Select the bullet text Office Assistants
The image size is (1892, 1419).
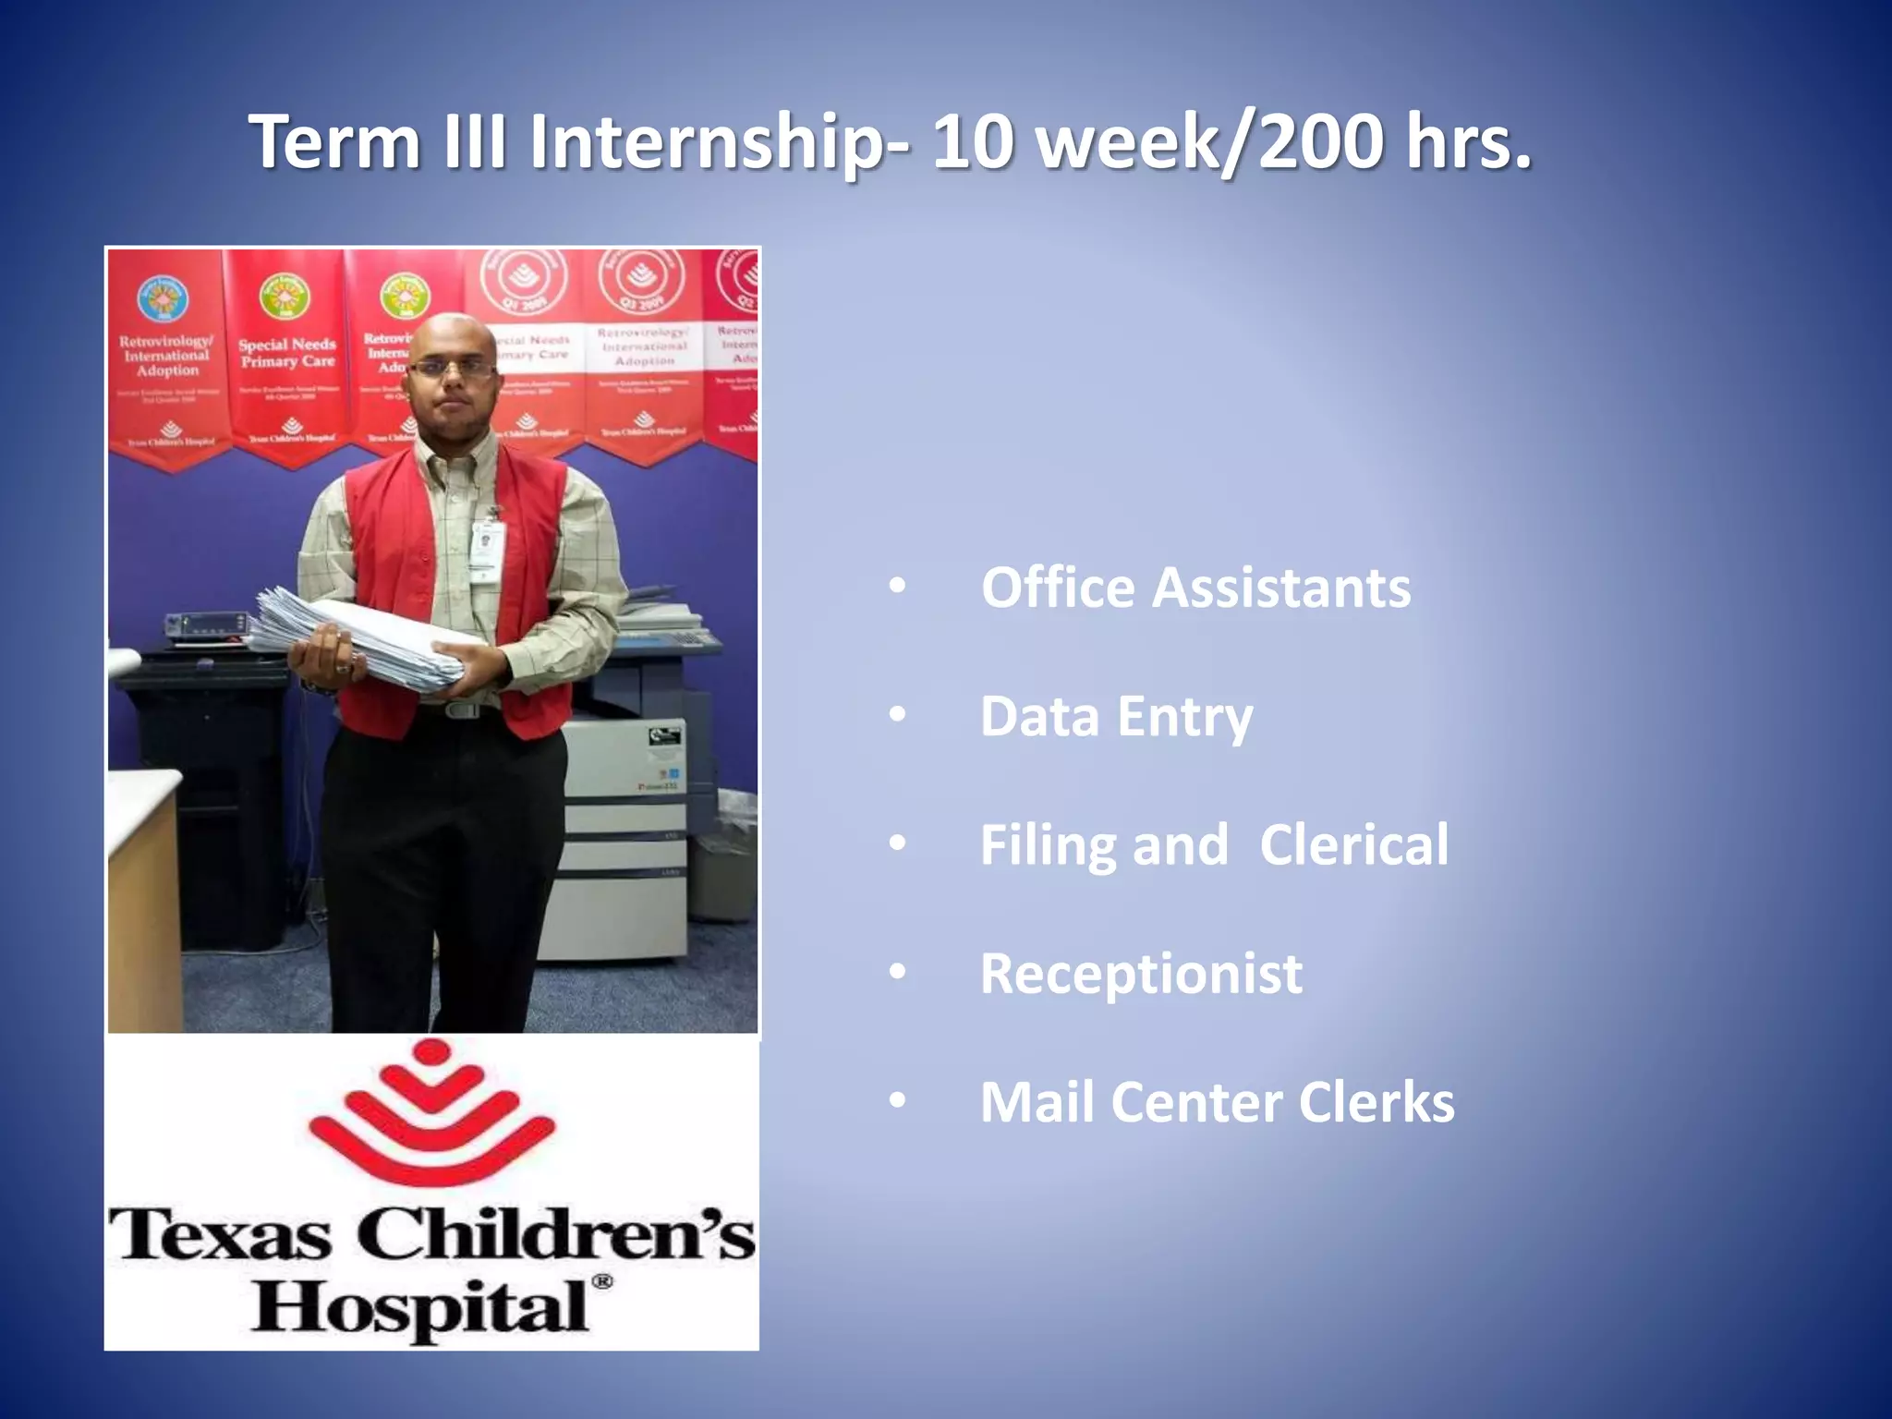click(x=1195, y=588)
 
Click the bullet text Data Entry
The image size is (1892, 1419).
click(x=1116, y=717)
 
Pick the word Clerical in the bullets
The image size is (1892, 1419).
click(x=1353, y=844)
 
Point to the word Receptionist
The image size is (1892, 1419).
click(x=1141, y=974)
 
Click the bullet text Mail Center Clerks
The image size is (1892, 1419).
click(x=1217, y=1102)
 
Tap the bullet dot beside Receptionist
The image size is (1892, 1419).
click(x=897, y=972)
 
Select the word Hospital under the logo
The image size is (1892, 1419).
click(x=420, y=1308)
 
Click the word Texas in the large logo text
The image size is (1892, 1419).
click(x=220, y=1234)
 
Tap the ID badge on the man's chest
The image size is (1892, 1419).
click(x=485, y=546)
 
